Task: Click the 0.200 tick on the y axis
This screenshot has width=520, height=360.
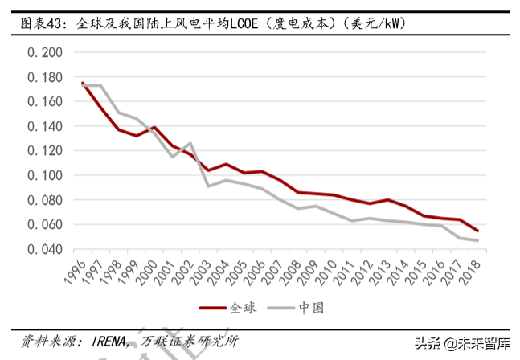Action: tap(45, 53)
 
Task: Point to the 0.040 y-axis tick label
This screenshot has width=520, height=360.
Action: tap(45, 249)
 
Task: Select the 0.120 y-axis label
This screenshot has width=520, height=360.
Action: tap(45, 151)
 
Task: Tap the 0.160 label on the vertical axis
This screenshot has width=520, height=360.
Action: tap(45, 102)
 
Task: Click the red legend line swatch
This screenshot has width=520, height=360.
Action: tap(212, 307)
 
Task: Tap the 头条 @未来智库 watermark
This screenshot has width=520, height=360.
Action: tap(462, 342)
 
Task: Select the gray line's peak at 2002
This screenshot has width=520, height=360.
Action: tap(190, 143)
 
